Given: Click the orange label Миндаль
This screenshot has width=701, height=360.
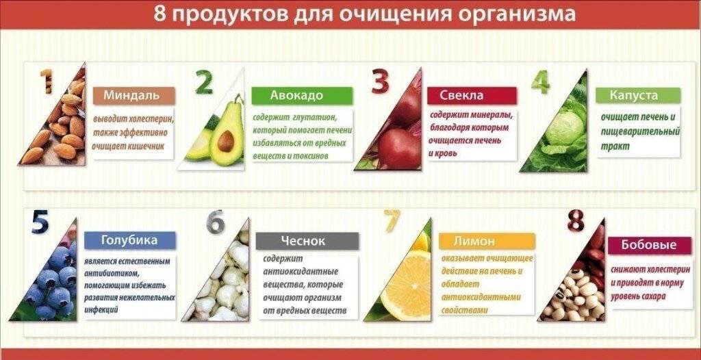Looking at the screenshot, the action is tap(133, 96).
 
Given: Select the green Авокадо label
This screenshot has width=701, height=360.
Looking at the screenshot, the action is tap(302, 96).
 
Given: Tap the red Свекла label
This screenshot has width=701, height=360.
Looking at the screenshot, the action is tap(472, 96).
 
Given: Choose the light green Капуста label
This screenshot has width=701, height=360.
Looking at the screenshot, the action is tap(638, 96).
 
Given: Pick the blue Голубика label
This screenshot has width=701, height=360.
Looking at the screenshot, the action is tap(129, 240).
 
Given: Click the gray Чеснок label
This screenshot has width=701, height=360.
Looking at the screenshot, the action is tap(307, 241).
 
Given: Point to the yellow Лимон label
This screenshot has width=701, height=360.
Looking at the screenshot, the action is tap(487, 241).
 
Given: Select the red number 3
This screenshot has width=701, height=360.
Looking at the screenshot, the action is tap(381, 82).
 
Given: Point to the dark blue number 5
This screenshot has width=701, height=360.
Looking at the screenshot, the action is tap(40, 222).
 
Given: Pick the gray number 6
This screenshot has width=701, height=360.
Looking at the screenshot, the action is tap(215, 222).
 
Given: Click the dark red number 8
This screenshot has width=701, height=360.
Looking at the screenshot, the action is tap(576, 221).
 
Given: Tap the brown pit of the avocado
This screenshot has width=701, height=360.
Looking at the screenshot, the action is tap(226, 141).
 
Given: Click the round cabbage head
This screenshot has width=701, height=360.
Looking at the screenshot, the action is tap(565, 129).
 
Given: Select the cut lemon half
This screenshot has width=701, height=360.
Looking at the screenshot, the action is tap(407, 285).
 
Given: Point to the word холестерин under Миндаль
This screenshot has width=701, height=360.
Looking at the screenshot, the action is tap(147, 120).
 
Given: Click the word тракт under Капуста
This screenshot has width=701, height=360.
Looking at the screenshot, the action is tap(615, 146).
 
